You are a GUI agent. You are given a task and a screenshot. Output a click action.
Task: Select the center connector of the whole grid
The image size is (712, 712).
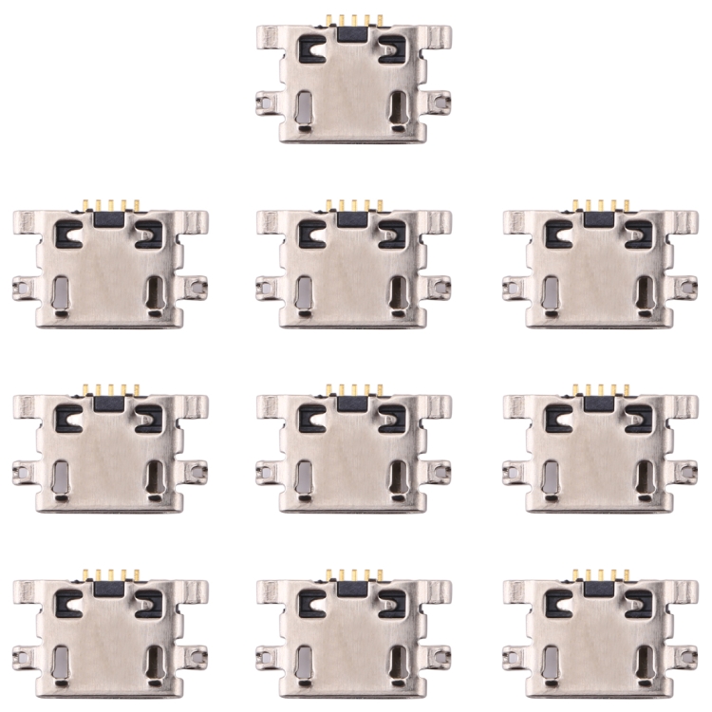[353, 451]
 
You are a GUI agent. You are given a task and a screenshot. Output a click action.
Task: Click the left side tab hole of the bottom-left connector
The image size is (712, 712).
[22, 654]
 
